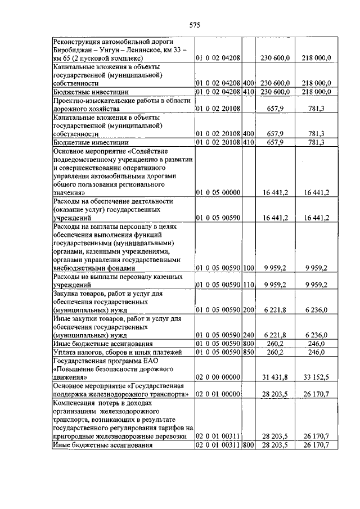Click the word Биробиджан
(74, 49)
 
